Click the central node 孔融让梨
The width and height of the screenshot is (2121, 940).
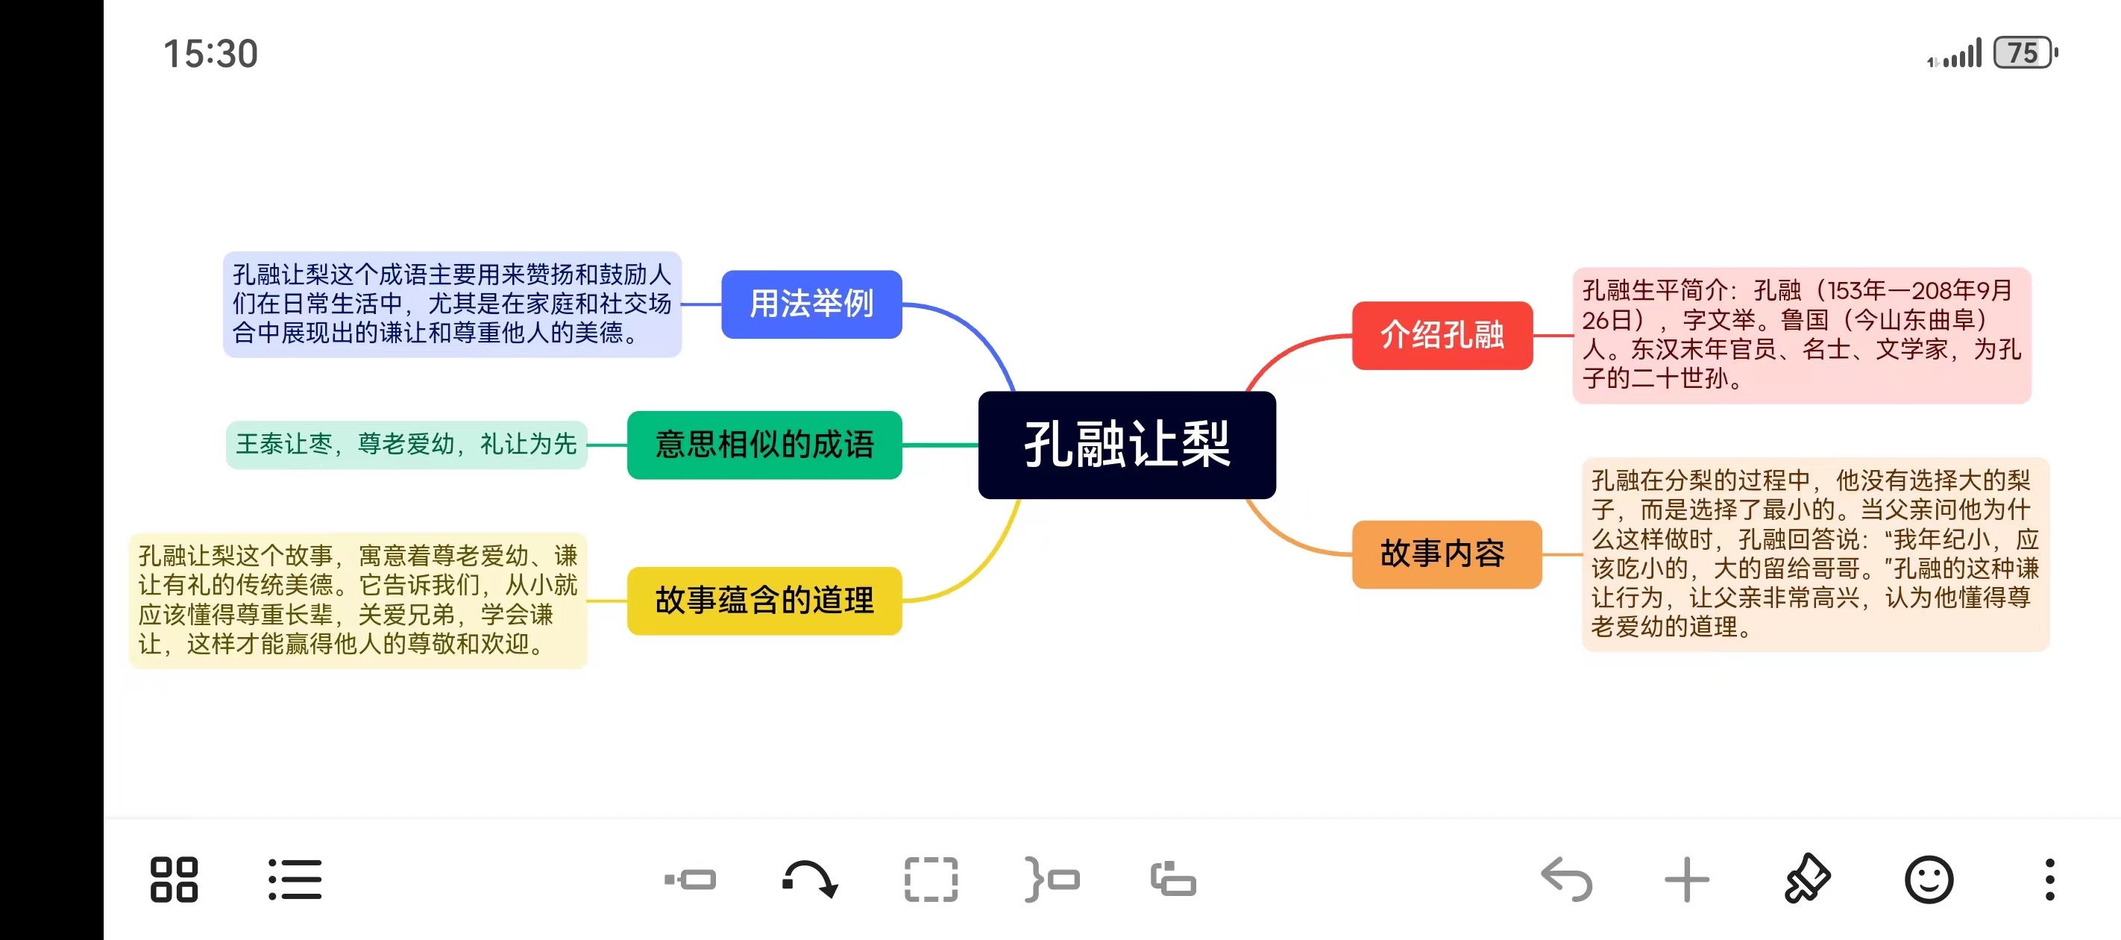pyautogui.click(x=1126, y=445)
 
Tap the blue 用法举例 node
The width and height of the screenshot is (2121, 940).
pyautogui.click(x=811, y=304)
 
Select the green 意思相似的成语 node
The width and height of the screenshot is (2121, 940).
pyautogui.click(x=764, y=445)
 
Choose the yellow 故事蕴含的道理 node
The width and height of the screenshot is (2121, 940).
pyautogui.click(x=764, y=601)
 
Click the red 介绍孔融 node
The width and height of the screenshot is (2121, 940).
pyautogui.click(x=1442, y=335)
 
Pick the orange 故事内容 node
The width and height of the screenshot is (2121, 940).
pyautogui.click(x=1446, y=554)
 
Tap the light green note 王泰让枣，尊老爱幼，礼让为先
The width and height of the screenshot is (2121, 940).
pyautogui.click(x=406, y=445)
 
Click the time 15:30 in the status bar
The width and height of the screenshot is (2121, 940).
pyautogui.click(x=211, y=54)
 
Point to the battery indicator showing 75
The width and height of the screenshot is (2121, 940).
pyautogui.click(x=2024, y=54)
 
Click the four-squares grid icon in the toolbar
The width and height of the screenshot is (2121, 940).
pyautogui.click(x=174, y=880)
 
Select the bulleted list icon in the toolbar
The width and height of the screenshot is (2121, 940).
pyautogui.click(x=295, y=880)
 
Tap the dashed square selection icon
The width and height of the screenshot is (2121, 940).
pyautogui.click(x=931, y=880)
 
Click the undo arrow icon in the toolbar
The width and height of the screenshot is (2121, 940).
pyautogui.click(x=1566, y=880)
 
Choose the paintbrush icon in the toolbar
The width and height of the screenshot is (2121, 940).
pyautogui.click(x=1807, y=880)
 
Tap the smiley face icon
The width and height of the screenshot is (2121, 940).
pyautogui.click(x=1929, y=880)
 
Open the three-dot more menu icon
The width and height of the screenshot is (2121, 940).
pyautogui.click(x=2049, y=880)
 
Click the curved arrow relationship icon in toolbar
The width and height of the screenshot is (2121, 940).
pyautogui.click(x=810, y=880)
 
